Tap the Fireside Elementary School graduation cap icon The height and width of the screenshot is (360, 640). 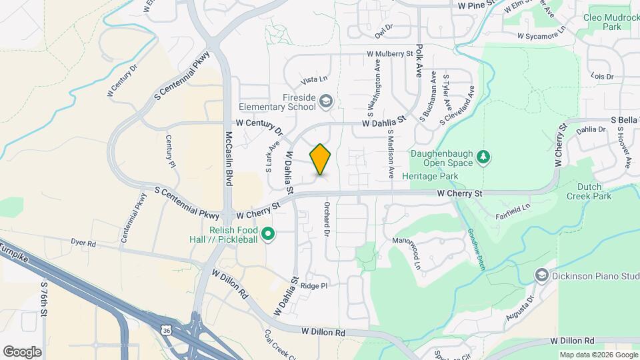point(326,101)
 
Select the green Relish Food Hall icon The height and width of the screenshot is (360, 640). point(268,234)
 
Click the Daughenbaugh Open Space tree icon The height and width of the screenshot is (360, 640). point(484,157)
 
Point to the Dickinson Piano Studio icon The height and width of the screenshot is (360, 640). point(541,275)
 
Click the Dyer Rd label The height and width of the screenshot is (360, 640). point(83,244)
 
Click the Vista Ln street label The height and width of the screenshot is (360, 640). point(315,80)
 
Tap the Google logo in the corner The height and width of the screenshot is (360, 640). point(22,351)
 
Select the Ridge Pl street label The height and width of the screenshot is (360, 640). point(314,285)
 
